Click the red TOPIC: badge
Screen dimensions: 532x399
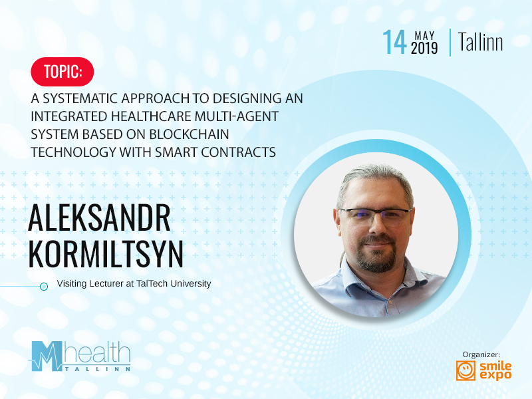coord(62,72)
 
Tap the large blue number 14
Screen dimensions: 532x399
coord(394,42)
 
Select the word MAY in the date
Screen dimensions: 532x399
coord(424,36)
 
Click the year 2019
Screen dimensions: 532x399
coord(424,48)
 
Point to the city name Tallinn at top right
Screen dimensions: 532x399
coord(480,43)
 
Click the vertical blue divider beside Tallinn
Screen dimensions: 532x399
coord(450,43)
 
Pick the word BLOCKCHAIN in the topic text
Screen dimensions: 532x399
coord(189,134)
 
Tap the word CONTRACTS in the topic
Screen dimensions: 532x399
coord(238,152)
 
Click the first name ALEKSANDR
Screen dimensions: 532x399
coord(99,217)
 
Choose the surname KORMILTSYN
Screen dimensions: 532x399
coord(106,254)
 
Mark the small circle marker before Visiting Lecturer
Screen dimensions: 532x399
coord(44,287)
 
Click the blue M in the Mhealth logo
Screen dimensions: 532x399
coord(47,356)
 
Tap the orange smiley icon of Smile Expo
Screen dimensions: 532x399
coord(465,370)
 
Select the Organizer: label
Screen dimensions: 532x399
coord(481,354)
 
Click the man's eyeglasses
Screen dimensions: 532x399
coord(375,216)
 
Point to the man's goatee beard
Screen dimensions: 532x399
coord(378,253)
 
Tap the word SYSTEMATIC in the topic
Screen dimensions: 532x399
coord(80,98)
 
